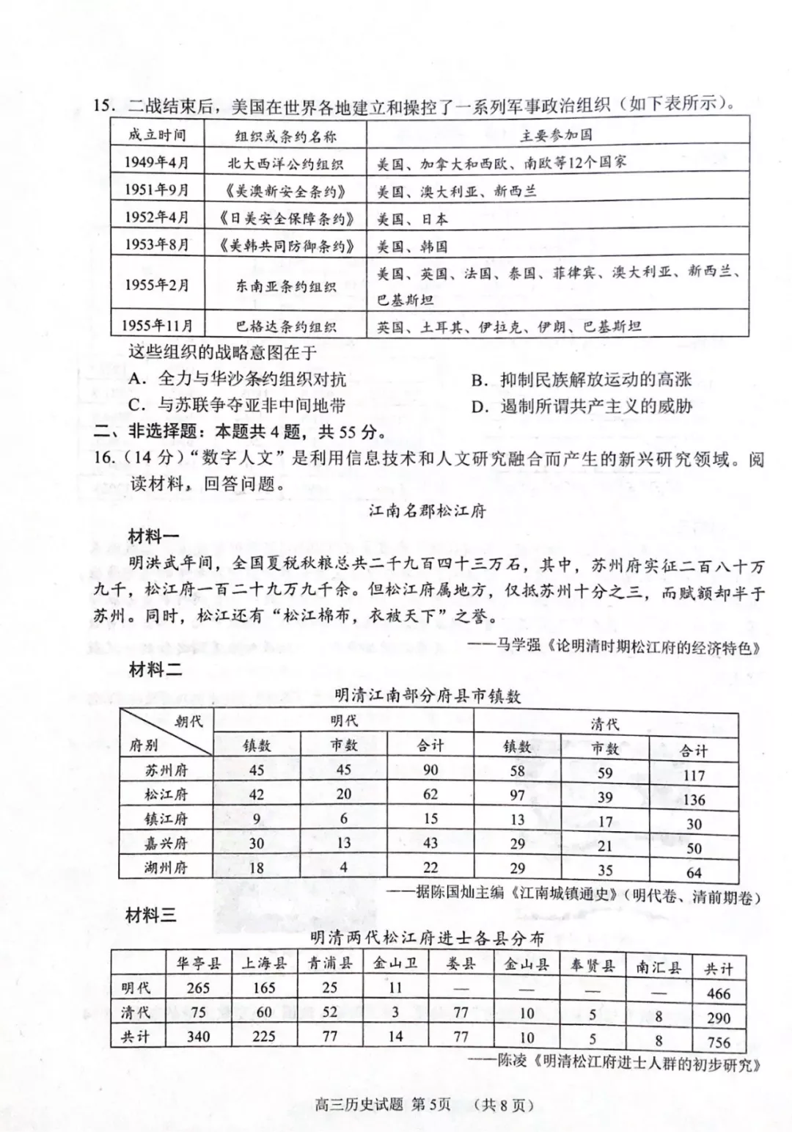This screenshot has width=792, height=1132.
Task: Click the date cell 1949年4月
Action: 156,162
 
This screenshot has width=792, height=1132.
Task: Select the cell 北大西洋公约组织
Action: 285,164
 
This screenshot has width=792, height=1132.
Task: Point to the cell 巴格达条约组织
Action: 285,326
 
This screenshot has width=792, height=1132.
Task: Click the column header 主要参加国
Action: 556,136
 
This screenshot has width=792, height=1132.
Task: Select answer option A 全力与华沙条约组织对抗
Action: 237,379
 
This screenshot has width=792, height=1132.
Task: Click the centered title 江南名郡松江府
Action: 427,511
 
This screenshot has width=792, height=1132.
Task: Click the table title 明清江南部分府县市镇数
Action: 428,695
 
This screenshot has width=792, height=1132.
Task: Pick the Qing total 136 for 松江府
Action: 693,800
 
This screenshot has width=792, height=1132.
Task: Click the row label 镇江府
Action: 166,819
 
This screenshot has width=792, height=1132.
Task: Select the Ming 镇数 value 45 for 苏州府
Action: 257,770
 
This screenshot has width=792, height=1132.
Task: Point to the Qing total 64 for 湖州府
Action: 693,873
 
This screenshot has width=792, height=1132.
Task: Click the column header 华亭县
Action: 198,963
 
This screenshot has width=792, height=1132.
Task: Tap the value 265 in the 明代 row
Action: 198,988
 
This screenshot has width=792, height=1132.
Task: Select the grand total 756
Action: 719,1042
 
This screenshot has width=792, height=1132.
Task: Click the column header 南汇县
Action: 658,967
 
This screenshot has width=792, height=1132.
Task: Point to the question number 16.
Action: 104,458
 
